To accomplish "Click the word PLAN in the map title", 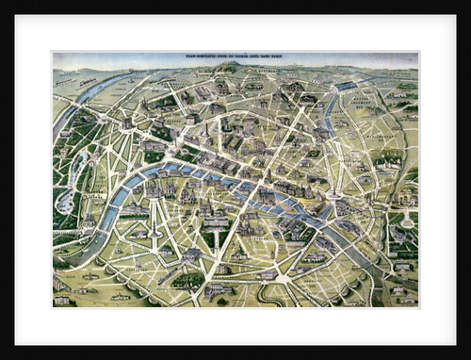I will coord(192,57).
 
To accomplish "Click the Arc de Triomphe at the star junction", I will coord(126,123).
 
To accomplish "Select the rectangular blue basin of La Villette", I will coord(346,86).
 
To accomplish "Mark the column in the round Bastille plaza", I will coord(334,196).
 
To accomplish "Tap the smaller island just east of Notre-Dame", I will coord(288,209).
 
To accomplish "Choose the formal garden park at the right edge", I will coord(400,231).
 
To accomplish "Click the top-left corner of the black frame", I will coord(3,3).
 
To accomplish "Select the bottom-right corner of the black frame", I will coord(467,356).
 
